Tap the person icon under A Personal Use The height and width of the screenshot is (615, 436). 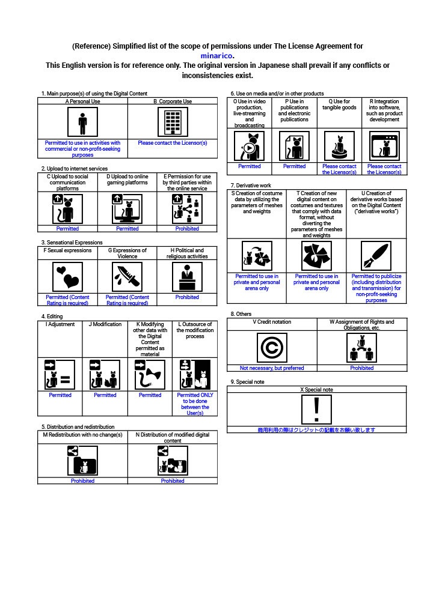coord(82,123)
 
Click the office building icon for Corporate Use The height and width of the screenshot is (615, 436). coord(173,123)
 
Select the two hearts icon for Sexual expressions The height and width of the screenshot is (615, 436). coord(67,277)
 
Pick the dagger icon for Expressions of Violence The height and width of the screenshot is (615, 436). coord(127,277)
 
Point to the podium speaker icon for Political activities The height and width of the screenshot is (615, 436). coord(187,277)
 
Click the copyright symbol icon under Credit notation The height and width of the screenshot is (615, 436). coord(272,348)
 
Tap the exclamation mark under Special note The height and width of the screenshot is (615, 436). coord(316,410)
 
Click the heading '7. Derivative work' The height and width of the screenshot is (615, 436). coord(251,186)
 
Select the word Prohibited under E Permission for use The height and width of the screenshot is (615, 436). coord(187,229)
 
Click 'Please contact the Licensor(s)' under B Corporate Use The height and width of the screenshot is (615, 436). coord(173,143)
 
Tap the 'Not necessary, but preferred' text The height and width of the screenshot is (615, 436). coord(272,368)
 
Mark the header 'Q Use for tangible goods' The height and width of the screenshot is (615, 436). coord(339,105)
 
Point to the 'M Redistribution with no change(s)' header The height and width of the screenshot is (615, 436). coord(82,435)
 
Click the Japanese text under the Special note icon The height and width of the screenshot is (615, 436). coord(316,430)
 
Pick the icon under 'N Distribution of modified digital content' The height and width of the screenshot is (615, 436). coord(173,461)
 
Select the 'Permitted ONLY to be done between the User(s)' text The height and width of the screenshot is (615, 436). coord(195,404)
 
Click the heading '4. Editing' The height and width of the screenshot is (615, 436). coord(52,317)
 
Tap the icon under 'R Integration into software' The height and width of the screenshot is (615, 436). coord(384,146)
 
